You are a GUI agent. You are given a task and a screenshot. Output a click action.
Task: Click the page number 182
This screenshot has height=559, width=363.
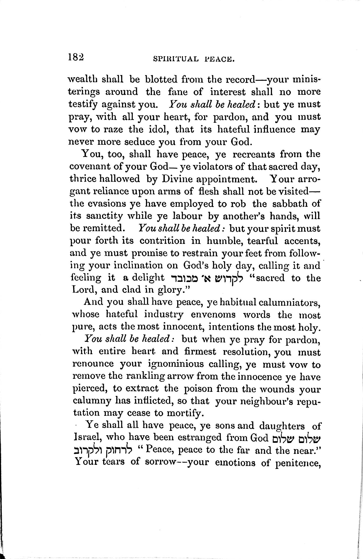pyautogui.click(x=76, y=57)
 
